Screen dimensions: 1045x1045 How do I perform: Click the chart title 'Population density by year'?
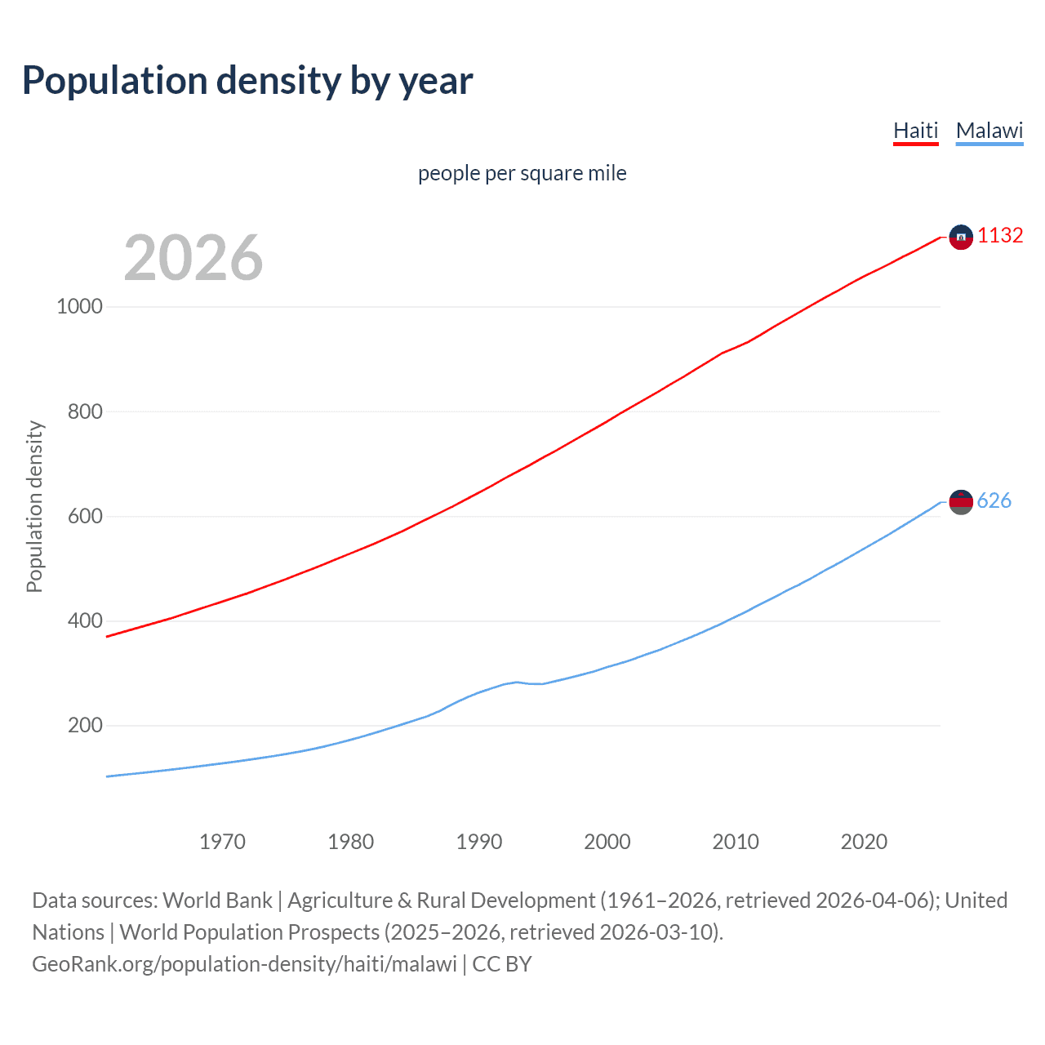pyautogui.click(x=247, y=81)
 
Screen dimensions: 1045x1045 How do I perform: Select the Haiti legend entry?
pyautogui.click(x=915, y=131)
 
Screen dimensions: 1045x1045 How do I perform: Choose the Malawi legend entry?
pyautogui.click(x=989, y=131)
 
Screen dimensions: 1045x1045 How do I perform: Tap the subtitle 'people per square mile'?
pyautogui.click(x=522, y=173)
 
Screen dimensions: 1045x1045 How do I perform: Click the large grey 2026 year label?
pyautogui.click(x=193, y=258)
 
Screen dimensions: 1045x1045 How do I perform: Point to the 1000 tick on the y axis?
pyautogui.click(x=80, y=307)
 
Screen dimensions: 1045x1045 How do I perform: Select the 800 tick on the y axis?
pyautogui.click(x=85, y=411)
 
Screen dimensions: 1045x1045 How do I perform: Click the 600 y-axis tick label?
pyautogui.click(x=85, y=516)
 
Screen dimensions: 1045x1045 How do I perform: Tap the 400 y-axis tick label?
pyautogui.click(x=85, y=620)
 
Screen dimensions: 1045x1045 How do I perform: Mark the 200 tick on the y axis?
pyautogui.click(x=85, y=725)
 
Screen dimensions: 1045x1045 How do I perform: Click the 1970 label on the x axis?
pyautogui.click(x=222, y=842)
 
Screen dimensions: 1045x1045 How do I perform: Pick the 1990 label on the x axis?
pyautogui.click(x=479, y=842)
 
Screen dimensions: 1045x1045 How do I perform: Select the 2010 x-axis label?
pyautogui.click(x=736, y=842)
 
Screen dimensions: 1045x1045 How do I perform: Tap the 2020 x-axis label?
pyautogui.click(x=864, y=842)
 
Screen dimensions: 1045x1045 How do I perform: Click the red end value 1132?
pyautogui.click(x=1000, y=236)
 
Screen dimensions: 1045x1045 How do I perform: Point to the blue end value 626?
pyautogui.click(x=994, y=500)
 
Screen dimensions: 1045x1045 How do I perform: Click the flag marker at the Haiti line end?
pyautogui.click(x=961, y=238)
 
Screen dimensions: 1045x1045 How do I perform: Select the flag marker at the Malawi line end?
pyautogui.click(x=961, y=502)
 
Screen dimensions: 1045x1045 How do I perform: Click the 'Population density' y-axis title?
pyautogui.click(x=34, y=506)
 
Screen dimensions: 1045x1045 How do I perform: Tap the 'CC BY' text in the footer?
pyautogui.click(x=502, y=964)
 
